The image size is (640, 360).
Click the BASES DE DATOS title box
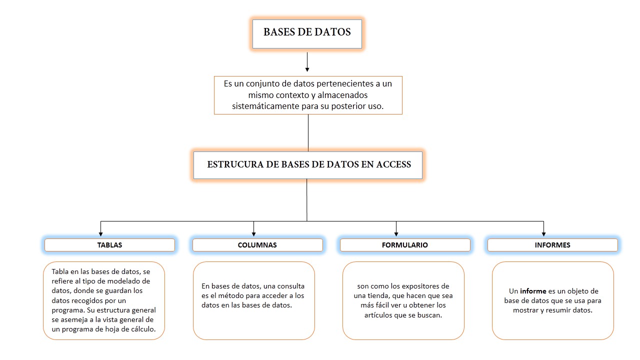[307, 33]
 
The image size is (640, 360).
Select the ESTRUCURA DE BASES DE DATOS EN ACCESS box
[308, 165]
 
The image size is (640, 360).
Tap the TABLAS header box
[109, 245]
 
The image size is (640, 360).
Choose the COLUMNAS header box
[257, 245]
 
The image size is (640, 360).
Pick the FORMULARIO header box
[404, 245]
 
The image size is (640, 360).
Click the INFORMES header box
[552, 245]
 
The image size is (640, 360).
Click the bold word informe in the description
[533, 291]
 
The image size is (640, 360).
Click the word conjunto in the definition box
[260, 83]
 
